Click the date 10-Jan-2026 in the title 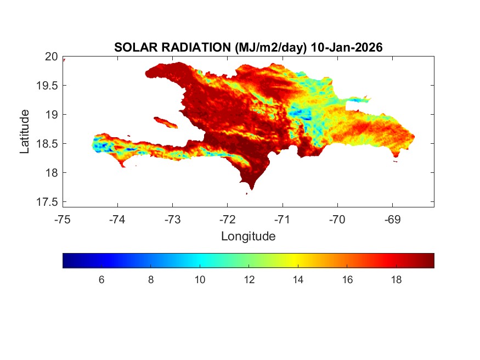click(346, 48)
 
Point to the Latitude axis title click(25, 131)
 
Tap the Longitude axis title click(248, 237)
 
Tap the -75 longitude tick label click(63, 220)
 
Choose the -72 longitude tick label click(228, 220)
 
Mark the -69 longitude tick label click(392, 220)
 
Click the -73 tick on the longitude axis click(172, 220)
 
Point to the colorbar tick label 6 click(101, 280)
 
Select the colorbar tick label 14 click(298, 280)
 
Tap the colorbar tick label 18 click(396, 280)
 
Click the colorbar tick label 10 click(200, 280)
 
